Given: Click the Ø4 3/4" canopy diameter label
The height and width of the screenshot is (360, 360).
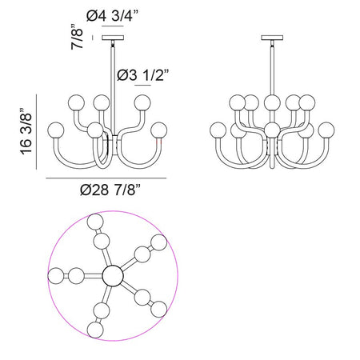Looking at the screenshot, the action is [113, 16].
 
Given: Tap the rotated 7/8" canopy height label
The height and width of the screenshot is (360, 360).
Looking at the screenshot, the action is [78, 37].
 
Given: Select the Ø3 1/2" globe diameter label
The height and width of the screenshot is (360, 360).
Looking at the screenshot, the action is [143, 75].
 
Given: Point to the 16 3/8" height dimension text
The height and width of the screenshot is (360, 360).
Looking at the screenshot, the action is [26, 131].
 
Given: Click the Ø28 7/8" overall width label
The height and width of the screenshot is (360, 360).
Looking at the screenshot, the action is [110, 190].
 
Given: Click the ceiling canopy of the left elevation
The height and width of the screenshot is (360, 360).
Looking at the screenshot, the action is [113, 38].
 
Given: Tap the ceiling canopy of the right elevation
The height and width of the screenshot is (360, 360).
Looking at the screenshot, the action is [272, 38].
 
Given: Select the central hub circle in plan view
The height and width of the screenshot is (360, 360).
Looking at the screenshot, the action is [113, 276].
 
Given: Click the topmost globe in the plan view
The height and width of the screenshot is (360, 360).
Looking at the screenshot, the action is [95, 222].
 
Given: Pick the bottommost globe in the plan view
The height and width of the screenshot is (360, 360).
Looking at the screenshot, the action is [95, 330].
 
